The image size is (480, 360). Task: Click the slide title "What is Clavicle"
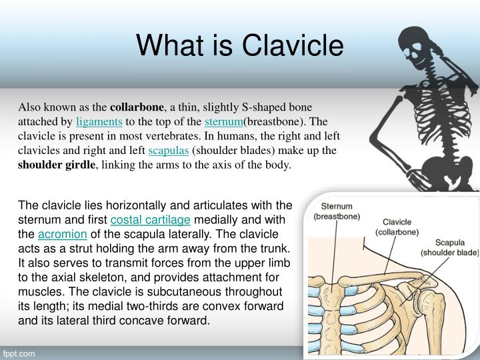(240, 45)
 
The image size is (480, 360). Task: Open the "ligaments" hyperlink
(99, 121)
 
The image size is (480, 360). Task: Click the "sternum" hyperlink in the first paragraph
(224, 121)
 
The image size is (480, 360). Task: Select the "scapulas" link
(169, 150)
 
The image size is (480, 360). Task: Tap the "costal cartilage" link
(150, 220)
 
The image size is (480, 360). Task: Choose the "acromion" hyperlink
(63, 234)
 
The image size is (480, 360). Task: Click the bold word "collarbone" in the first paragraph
(137, 107)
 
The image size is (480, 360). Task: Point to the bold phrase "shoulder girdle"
(57, 165)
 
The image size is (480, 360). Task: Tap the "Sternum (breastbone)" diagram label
(337, 211)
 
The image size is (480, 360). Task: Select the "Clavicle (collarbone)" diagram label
(397, 227)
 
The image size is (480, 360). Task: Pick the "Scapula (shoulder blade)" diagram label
(450, 247)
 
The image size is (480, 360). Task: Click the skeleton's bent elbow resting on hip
(374, 139)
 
